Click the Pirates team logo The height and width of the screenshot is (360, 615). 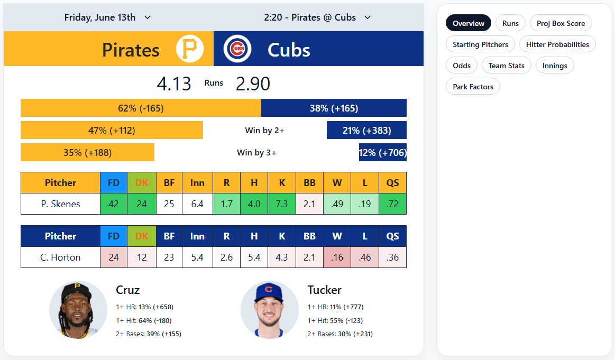(x=189, y=49)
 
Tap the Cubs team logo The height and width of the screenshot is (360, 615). (x=237, y=49)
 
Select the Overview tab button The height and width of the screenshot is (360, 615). (x=468, y=23)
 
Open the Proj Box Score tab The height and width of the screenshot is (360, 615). (x=561, y=23)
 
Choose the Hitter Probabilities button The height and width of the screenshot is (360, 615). (x=557, y=44)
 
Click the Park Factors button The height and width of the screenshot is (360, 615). (x=473, y=87)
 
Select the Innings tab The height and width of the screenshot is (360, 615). (x=554, y=66)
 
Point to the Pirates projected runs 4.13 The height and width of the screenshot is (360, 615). (x=174, y=84)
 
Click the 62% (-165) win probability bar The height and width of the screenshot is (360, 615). (x=141, y=108)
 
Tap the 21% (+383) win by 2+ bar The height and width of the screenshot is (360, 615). (x=366, y=130)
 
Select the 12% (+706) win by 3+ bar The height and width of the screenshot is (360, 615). (x=382, y=153)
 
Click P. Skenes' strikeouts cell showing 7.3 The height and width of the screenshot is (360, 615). (x=281, y=204)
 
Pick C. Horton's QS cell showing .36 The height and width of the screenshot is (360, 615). (x=392, y=257)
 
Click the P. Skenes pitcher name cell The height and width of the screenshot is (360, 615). (x=60, y=204)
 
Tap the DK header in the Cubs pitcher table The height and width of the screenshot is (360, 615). (x=141, y=236)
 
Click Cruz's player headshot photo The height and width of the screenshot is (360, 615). (x=78, y=310)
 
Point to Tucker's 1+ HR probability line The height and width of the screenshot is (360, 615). (x=335, y=307)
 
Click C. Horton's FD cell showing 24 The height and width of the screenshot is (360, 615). (x=113, y=257)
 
